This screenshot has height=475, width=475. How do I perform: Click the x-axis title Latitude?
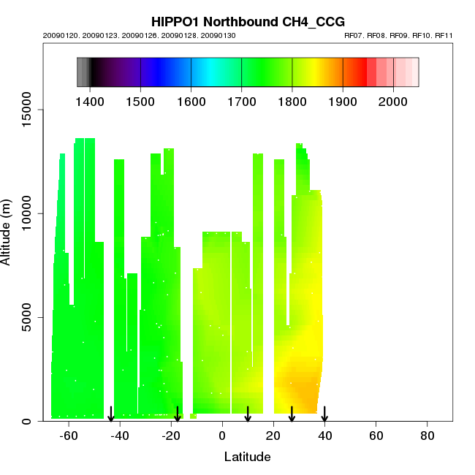click(x=247, y=457)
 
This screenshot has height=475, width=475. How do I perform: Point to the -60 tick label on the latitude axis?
click(x=69, y=436)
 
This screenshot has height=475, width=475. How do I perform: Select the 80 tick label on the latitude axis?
click(x=427, y=436)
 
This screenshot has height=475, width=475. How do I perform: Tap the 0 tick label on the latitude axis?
click(x=222, y=436)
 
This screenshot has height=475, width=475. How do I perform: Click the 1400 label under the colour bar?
click(x=90, y=99)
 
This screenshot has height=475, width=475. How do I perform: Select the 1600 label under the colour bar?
click(x=191, y=99)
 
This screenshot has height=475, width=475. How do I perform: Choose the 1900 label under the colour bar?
click(x=343, y=99)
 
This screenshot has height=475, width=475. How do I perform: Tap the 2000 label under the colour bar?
click(x=393, y=99)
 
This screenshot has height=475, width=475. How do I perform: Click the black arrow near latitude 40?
click(x=324, y=414)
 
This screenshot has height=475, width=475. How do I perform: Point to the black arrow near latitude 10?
click(x=248, y=414)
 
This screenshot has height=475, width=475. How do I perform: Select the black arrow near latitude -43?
click(x=111, y=414)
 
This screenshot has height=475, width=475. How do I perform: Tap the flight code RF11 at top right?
click(x=444, y=35)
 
